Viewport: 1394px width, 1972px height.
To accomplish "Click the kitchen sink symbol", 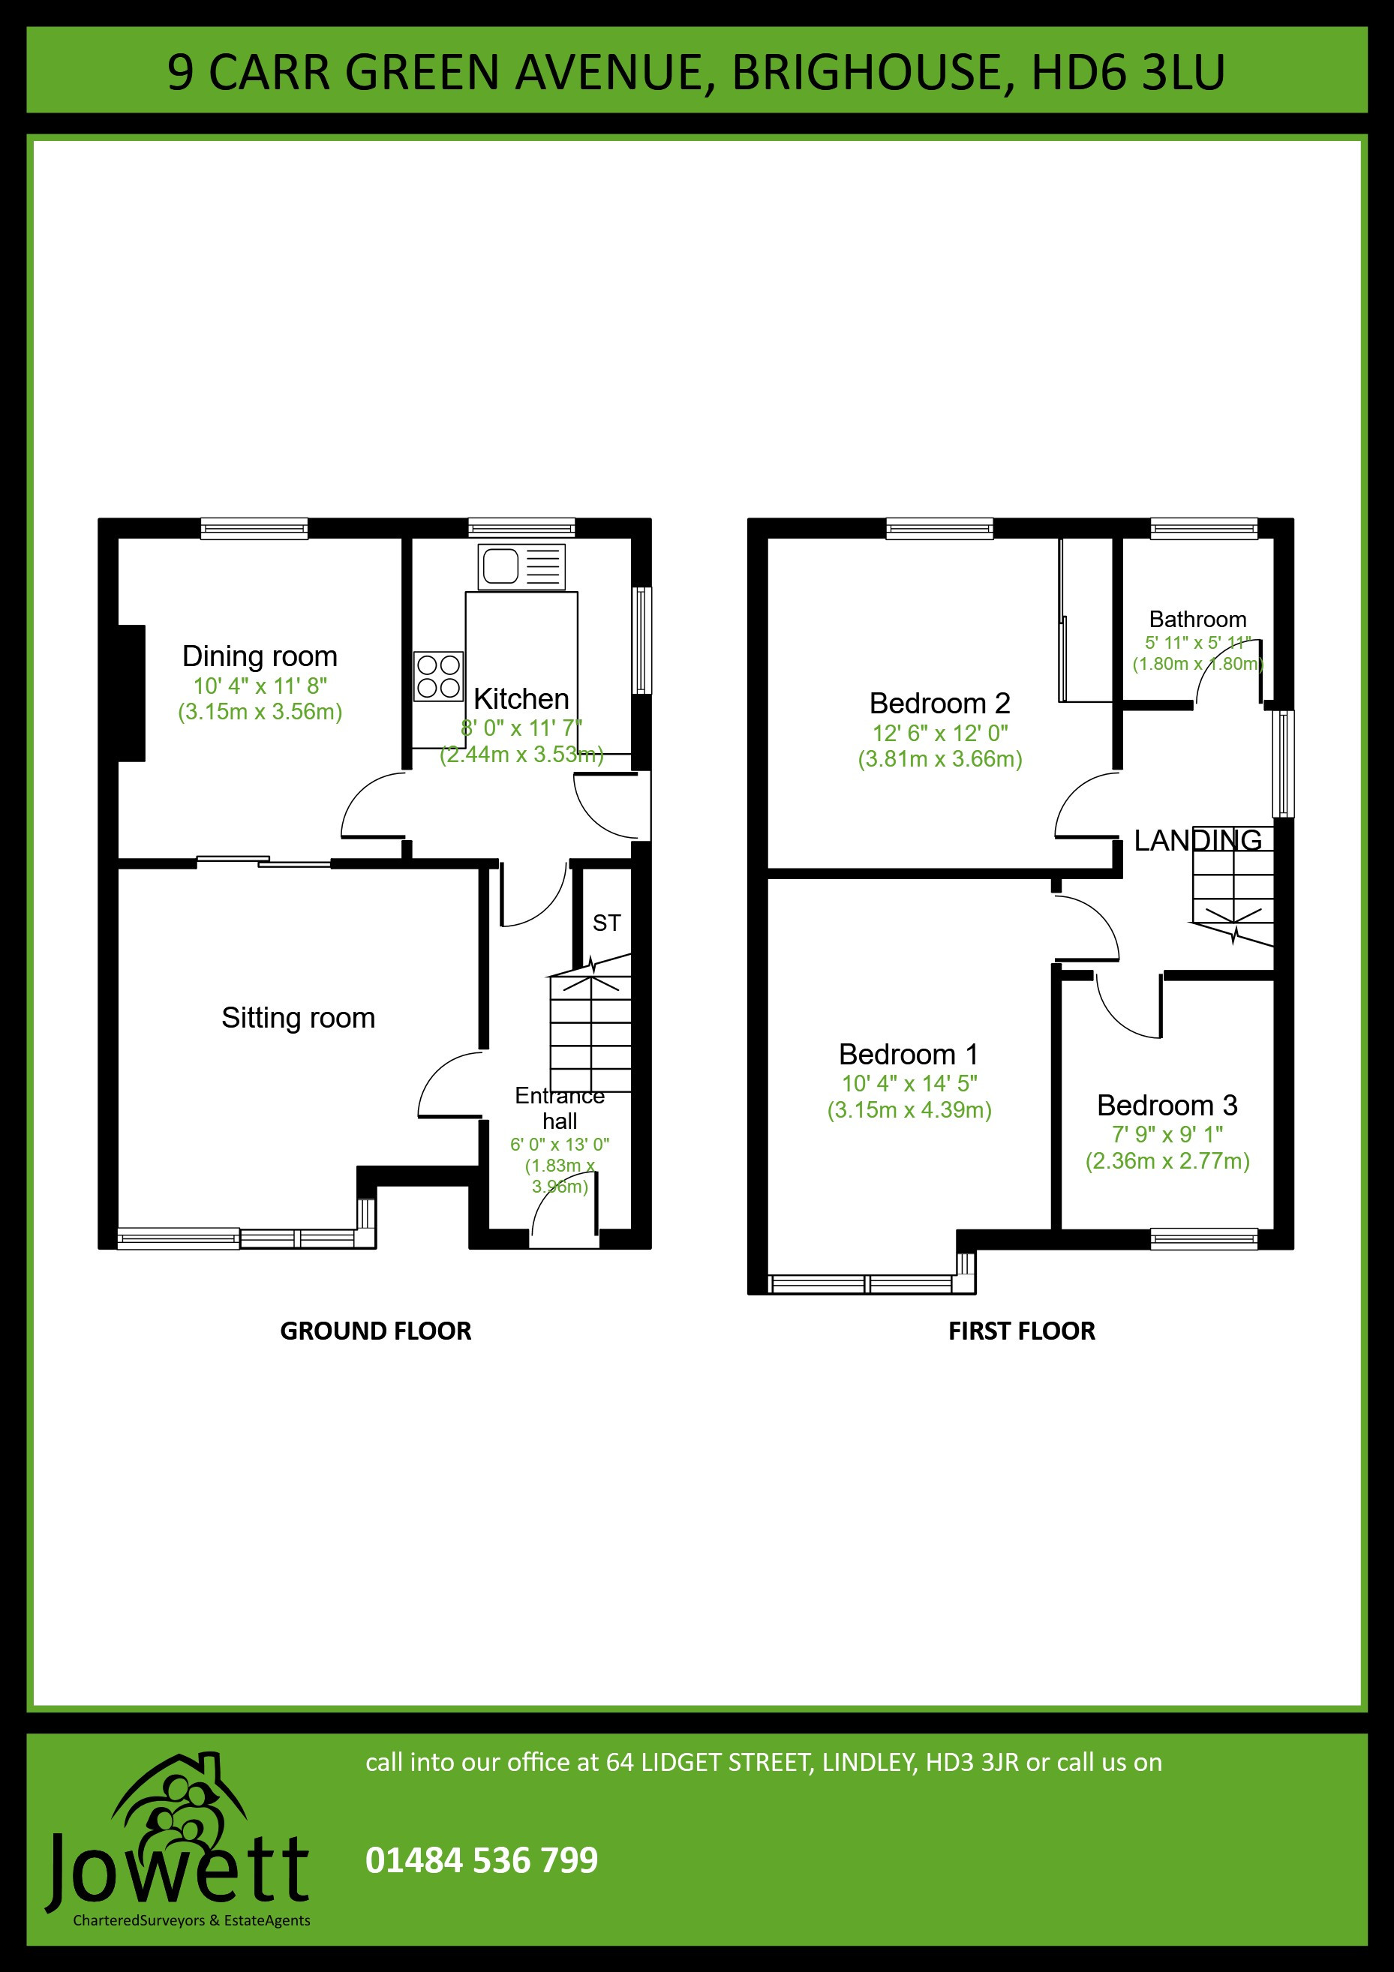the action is [521, 567].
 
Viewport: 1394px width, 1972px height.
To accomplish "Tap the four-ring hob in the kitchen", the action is [438, 676].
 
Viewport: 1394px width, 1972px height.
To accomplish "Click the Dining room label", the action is [260, 656].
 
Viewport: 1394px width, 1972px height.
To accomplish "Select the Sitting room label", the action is [298, 1018].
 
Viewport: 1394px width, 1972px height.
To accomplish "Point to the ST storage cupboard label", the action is [606, 923].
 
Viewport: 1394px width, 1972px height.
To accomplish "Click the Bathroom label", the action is [1197, 620].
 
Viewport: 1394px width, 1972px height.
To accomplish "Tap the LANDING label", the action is [1198, 840].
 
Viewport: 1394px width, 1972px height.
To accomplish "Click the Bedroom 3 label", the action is [1167, 1105].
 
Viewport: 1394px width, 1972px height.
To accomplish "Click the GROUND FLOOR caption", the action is [375, 1331].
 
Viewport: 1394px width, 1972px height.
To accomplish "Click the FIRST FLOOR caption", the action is [1021, 1331].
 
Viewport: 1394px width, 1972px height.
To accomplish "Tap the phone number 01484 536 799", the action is [482, 1860].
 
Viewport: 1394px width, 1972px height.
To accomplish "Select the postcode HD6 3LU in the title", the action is [1128, 72].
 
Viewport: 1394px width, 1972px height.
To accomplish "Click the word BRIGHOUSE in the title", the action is [867, 72].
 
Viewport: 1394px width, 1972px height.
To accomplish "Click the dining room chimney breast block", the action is [131, 693].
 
